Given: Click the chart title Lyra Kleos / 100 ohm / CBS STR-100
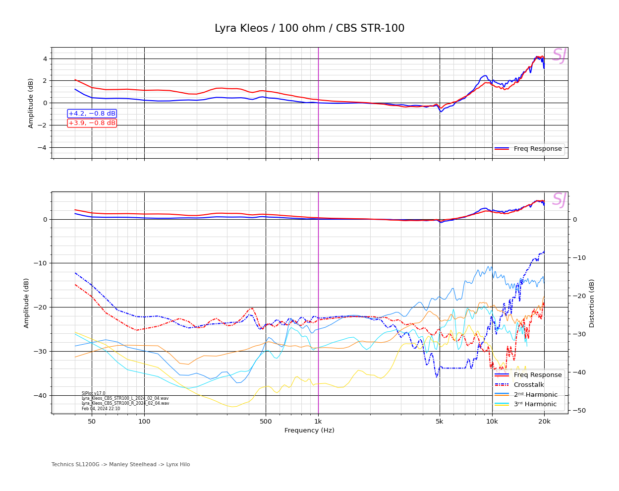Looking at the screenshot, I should coord(309,29).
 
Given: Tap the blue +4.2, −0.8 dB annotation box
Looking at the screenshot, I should coord(92,114).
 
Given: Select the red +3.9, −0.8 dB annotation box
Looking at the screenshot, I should coord(92,123).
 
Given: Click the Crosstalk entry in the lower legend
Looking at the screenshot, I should coord(528,385).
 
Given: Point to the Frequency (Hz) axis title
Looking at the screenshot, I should coord(309,430).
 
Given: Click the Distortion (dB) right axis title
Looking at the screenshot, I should coord(592,303).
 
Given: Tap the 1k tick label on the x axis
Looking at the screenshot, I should coord(318,422).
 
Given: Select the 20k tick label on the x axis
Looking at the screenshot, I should coord(544,422).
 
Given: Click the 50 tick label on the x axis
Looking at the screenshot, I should coord(92,422).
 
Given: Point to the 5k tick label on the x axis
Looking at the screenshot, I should coord(440,422).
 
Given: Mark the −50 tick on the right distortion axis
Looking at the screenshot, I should coord(579,410).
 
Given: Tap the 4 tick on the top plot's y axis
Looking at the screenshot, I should coord(45,59).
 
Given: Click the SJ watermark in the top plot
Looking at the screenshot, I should coord(559,56).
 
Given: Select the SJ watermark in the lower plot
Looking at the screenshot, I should coord(559,200).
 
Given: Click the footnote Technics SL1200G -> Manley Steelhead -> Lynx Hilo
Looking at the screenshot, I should coord(120,465).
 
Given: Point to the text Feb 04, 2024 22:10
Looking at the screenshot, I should coord(101,409).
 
